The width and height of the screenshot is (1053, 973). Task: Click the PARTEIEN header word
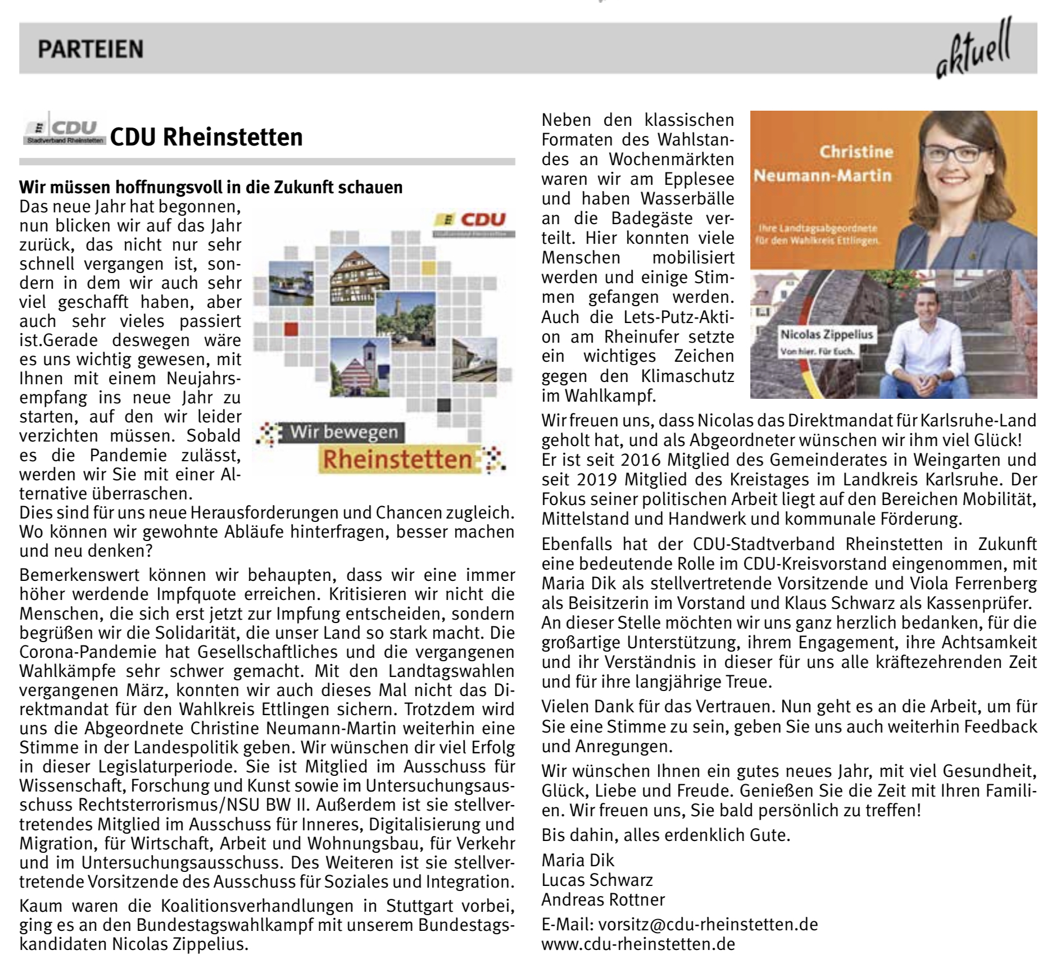click(90, 49)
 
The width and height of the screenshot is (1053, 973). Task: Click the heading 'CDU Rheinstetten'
click(206, 137)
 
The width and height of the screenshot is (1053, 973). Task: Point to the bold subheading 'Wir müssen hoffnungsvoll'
click(211, 187)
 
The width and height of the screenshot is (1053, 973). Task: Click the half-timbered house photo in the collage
click(359, 275)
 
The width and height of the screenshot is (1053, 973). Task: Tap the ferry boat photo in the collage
click(291, 284)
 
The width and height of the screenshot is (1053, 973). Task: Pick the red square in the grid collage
click(291, 329)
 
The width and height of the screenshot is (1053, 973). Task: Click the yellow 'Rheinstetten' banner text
click(397, 460)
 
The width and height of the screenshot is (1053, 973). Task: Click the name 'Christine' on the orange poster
click(856, 152)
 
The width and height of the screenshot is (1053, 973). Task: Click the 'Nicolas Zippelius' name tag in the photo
click(827, 335)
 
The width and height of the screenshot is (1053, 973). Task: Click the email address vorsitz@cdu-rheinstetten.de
click(708, 924)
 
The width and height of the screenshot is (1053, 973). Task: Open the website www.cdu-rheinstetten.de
click(638, 944)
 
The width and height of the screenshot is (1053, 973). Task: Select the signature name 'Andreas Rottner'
click(603, 899)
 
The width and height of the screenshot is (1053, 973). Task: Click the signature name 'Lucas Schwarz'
click(597, 880)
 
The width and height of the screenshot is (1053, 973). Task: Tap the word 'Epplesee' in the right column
click(699, 179)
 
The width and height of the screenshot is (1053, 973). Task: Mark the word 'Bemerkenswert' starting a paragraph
click(79, 575)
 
